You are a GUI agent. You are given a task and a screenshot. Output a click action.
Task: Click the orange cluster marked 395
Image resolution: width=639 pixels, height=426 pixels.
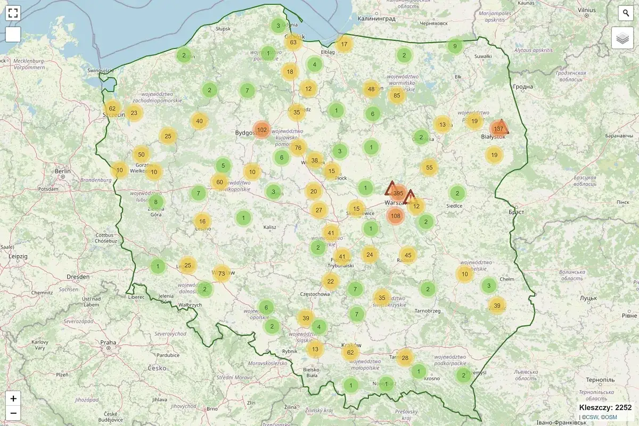pyautogui.click(x=398, y=193)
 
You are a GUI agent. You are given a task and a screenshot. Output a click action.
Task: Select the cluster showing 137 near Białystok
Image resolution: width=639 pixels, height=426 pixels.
pyautogui.click(x=498, y=129)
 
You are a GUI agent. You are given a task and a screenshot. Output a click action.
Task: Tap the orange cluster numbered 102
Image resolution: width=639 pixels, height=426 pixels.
pyautogui.click(x=262, y=129)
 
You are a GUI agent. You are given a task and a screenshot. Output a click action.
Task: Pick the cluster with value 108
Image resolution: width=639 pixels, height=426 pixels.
pyautogui.click(x=395, y=216)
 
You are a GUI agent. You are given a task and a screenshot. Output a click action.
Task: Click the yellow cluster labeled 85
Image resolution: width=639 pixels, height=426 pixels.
pyautogui.click(x=397, y=96)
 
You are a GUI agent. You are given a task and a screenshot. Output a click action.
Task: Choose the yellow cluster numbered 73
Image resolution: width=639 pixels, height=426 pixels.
pyautogui.click(x=222, y=274)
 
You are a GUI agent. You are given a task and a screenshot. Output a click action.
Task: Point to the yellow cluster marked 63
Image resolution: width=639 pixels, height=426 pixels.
pyautogui.click(x=293, y=42)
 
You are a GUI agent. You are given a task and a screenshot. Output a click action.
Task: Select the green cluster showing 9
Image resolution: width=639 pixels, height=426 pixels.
pyautogui.click(x=455, y=46)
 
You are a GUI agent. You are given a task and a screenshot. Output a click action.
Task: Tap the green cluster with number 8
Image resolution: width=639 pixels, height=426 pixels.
pyautogui.click(x=156, y=202)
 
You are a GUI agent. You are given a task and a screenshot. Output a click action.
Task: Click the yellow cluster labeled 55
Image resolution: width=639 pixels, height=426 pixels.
pyautogui.click(x=429, y=168)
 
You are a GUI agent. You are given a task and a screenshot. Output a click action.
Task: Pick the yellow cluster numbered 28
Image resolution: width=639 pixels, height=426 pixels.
pyautogui.click(x=405, y=357)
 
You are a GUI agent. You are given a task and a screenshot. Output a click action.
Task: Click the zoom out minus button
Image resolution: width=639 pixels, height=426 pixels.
pyautogui.click(x=13, y=413)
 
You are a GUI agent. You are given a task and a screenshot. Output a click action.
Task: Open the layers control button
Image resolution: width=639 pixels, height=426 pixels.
pyautogui.click(x=622, y=38)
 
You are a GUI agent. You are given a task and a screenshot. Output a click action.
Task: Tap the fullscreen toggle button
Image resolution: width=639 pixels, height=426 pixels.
pyautogui.click(x=13, y=13)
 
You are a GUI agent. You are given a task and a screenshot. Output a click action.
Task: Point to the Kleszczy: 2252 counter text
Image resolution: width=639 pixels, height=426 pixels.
pyautogui.click(x=605, y=407)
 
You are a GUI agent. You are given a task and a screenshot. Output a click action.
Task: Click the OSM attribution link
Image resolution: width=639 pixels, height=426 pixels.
pyautogui.click(x=610, y=417)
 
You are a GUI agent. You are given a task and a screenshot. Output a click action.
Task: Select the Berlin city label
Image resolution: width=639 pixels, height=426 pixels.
pyautogui.click(x=62, y=171)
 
